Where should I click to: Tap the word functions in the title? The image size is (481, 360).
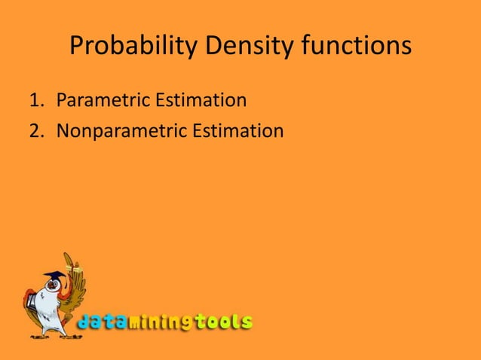tap(357, 47)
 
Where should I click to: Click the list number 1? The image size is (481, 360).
tap(35, 100)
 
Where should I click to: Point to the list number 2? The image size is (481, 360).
tap(35, 131)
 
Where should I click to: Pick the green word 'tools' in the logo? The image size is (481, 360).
tap(223, 322)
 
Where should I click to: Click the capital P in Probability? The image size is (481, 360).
tap(76, 47)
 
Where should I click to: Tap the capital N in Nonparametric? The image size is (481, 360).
tap(63, 131)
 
